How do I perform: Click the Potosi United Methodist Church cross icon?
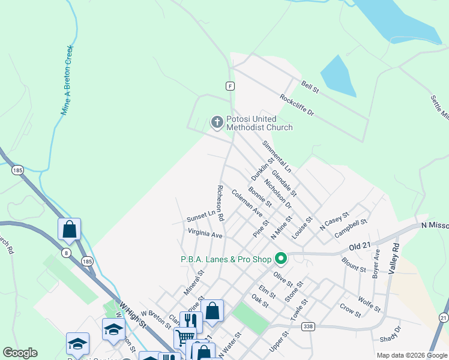pyautogui.click(x=217, y=122)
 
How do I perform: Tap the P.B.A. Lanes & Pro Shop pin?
pyautogui.click(x=280, y=259)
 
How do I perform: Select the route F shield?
pyautogui.click(x=230, y=86)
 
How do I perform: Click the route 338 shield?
pyautogui.click(x=308, y=326)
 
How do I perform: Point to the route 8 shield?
pyautogui.click(x=65, y=253)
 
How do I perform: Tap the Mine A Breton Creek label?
pyautogui.click(x=67, y=80)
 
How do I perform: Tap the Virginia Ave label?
pyautogui.click(x=205, y=233)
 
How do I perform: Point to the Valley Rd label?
pyautogui.click(x=395, y=258)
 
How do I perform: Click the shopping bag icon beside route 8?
pyautogui.click(x=69, y=229)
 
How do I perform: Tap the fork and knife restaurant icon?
pyautogui.click(x=191, y=321)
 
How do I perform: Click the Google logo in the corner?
pyautogui.click(x=20, y=353)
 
